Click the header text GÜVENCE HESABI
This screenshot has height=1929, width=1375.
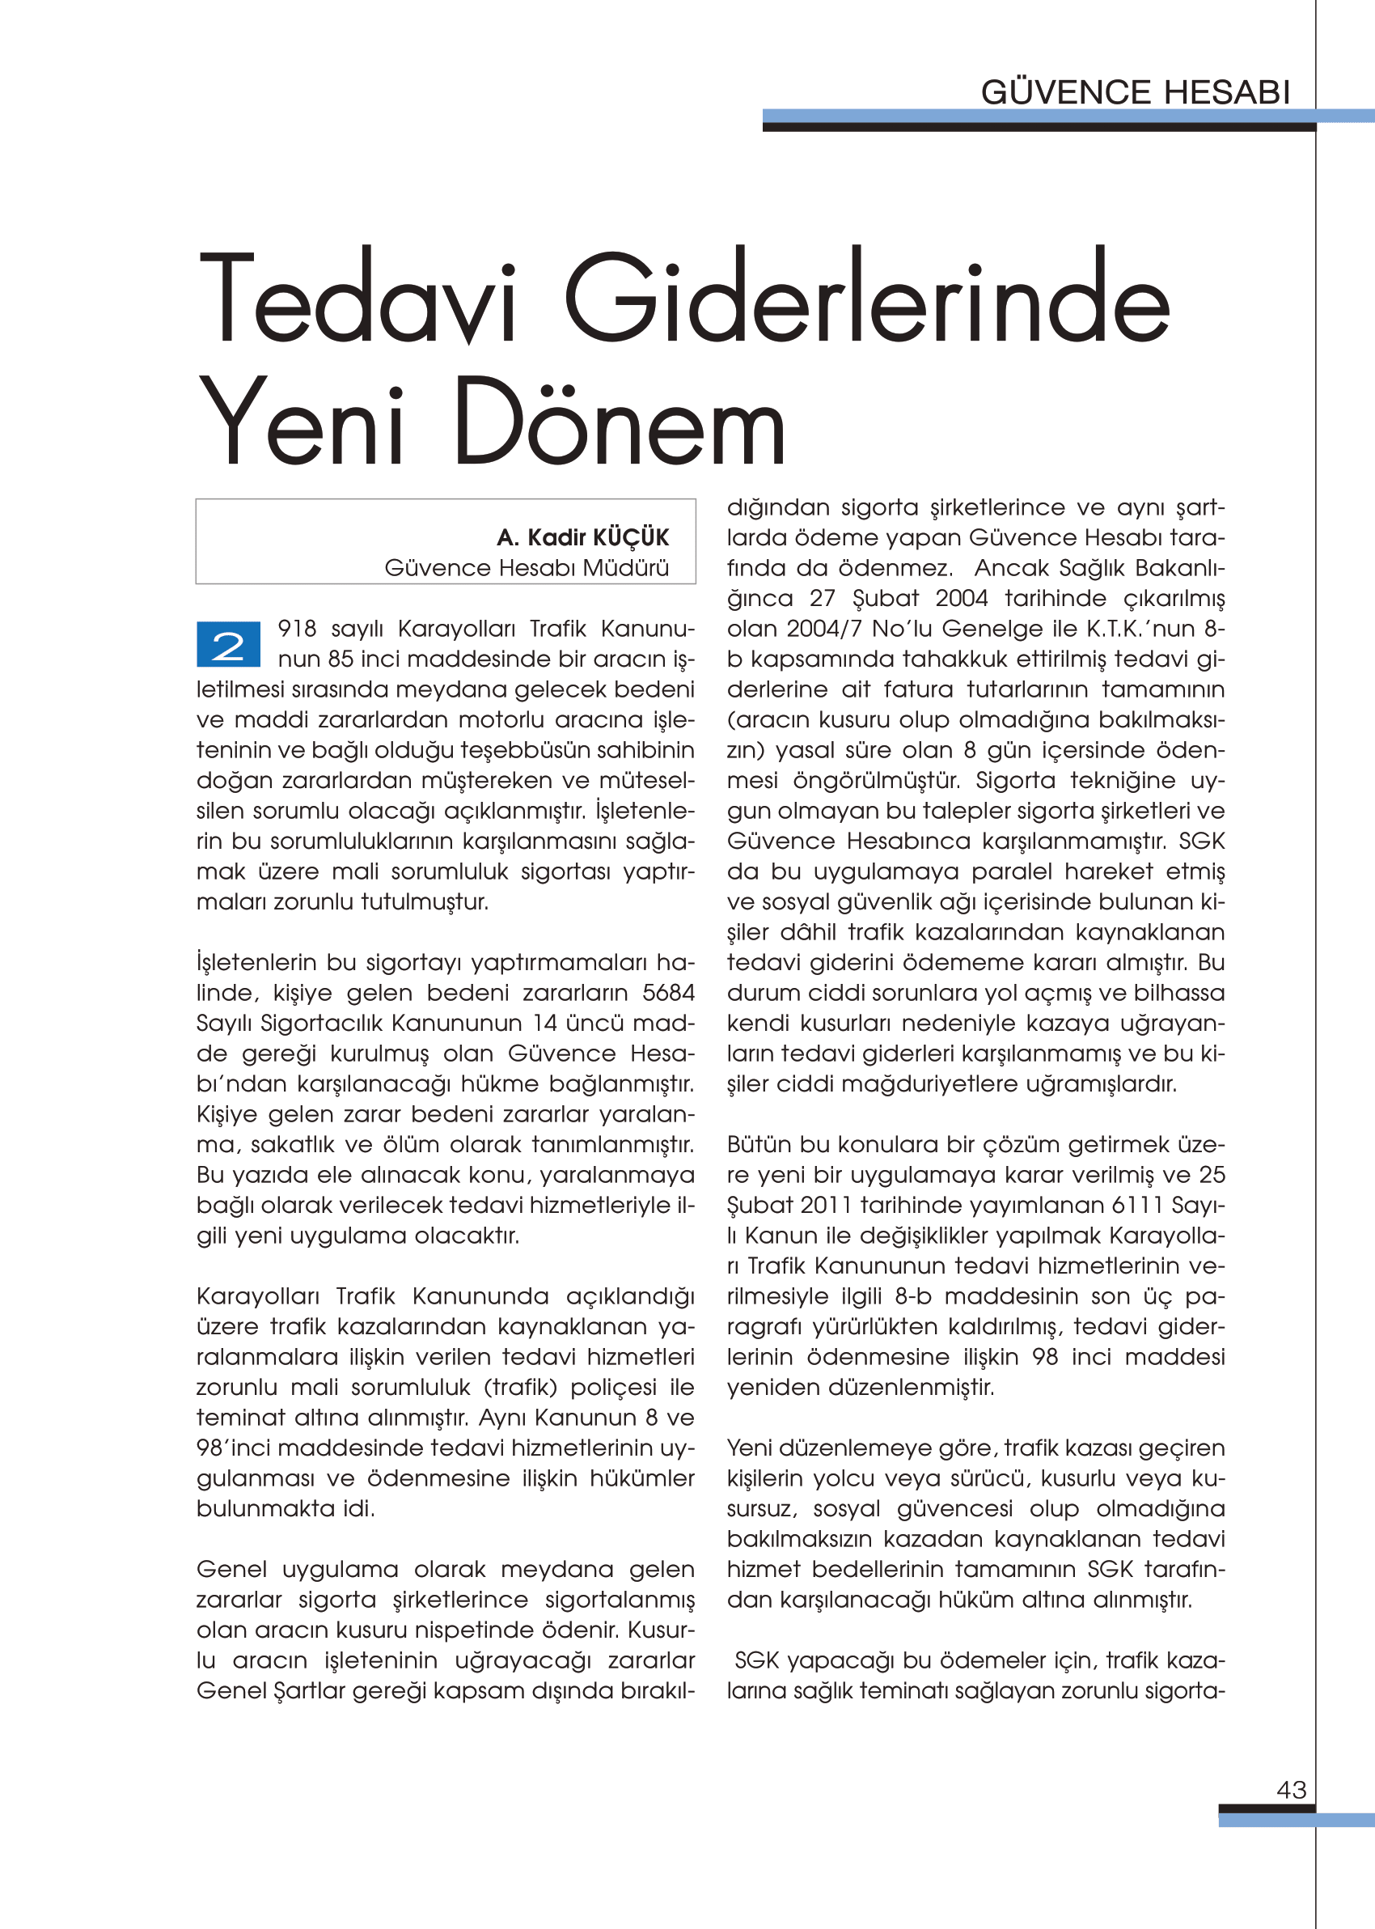pos(1135,92)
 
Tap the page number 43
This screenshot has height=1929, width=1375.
pos(1291,1789)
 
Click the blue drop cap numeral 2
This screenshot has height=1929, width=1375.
pos(228,644)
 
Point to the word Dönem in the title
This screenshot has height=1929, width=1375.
pos(620,422)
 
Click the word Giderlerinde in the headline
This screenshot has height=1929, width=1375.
pos(867,299)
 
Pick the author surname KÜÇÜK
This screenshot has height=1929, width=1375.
pos(631,538)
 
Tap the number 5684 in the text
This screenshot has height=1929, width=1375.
pos(668,993)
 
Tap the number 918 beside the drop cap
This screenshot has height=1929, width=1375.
pos(296,630)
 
